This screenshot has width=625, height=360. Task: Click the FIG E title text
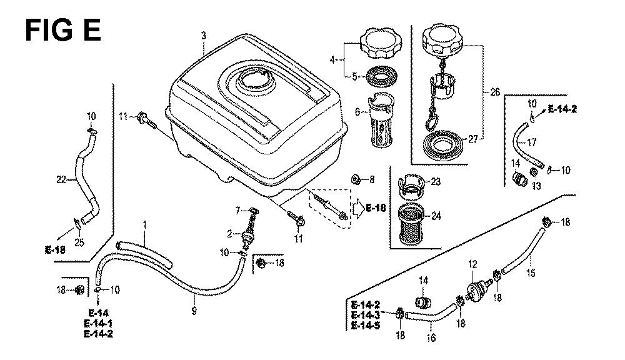(x=62, y=30)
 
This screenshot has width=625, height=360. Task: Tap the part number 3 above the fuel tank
(x=203, y=35)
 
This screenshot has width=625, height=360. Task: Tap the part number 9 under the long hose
(x=194, y=311)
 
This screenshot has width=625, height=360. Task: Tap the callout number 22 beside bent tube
(x=61, y=180)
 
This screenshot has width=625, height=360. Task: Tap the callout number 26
(x=495, y=92)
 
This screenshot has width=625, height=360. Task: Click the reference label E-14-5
(x=365, y=326)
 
